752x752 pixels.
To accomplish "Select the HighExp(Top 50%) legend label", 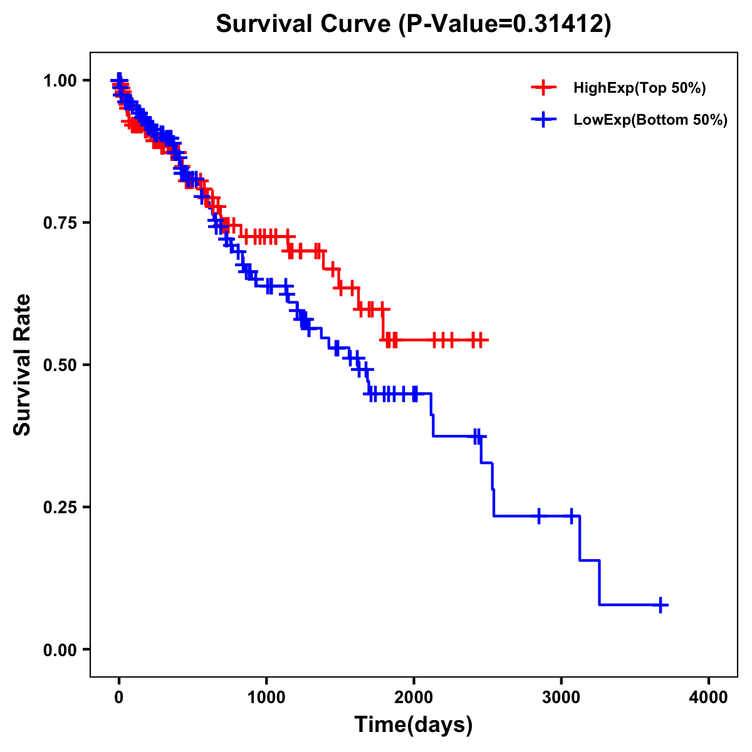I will pyautogui.click(x=639, y=88).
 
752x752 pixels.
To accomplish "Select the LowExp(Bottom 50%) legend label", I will pyautogui.click(x=650, y=120).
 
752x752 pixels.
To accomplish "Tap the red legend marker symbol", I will pyautogui.click(x=543, y=88).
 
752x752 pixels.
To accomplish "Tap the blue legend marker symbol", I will pyautogui.click(x=543, y=120).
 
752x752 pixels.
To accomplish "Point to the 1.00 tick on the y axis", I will pyautogui.click(x=60, y=81).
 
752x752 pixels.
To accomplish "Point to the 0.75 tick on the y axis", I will pyautogui.click(x=60, y=223).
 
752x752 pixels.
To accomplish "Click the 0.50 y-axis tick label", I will pyautogui.click(x=60, y=365).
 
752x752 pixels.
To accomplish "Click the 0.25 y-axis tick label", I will pyautogui.click(x=60, y=508).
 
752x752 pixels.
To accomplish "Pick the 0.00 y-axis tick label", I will pyautogui.click(x=60, y=650).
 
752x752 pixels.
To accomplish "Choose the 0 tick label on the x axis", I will pyautogui.click(x=119, y=698).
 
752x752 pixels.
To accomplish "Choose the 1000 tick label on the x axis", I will pyautogui.click(x=266, y=698).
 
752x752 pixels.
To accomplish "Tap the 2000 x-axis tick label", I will pyautogui.click(x=414, y=698).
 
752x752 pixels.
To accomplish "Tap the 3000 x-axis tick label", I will pyautogui.click(x=561, y=698).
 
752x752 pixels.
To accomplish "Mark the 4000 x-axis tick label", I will pyautogui.click(x=709, y=698).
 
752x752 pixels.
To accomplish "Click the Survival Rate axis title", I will pyautogui.click(x=23, y=365).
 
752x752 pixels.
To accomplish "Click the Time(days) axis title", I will pyautogui.click(x=414, y=725).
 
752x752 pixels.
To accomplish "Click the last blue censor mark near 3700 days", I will pyautogui.click(x=661, y=605).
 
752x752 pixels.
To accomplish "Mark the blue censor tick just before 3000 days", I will pyautogui.click(x=539, y=516).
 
